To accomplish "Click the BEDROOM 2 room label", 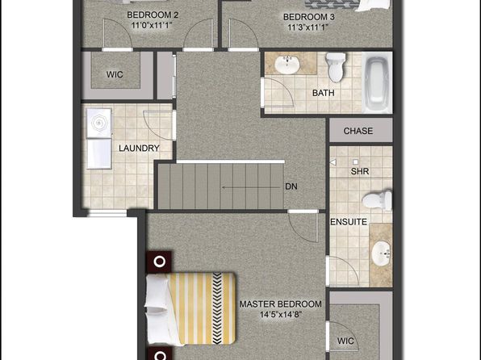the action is pyautogui.click(x=153, y=15).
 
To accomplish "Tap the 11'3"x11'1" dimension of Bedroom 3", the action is pyautogui.click(x=308, y=27).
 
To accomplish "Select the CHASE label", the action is pyautogui.click(x=358, y=131).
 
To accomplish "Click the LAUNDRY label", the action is pyautogui.click(x=139, y=149).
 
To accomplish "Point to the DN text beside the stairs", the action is pyautogui.click(x=291, y=186).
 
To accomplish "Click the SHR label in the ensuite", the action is pyautogui.click(x=360, y=171).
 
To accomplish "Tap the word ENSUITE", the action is pyautogui.click(x=349, y=222).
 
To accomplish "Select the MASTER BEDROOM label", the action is pyautogui.click(x=280, y=304).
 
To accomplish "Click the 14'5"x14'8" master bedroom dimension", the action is pyautogui.click(x=281, y=315).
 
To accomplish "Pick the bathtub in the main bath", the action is pyautogui.click(x=378, y=82).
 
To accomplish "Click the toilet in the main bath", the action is pyautogui.click(x=336, y=67).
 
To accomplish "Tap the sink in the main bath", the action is pyautogui.click(x=287, y=64).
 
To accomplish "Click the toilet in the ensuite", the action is pyautogui.click(x=377, y=200).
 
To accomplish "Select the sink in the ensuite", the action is pyautogui.click(x=381, y=253).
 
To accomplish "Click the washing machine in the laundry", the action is pyautogui.click(x=98, y=123).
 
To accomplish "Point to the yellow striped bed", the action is pyautogui.click(x=190, y=308).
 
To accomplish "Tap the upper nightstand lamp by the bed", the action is pyautogui.click(x=159, y=262).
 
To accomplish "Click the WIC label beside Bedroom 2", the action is pyautogui.click(x=115, y=74).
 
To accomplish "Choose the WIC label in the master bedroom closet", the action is pyautogui.click(x=345, y=341).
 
